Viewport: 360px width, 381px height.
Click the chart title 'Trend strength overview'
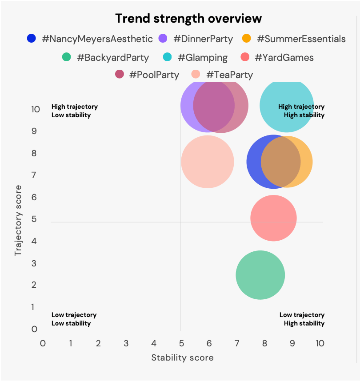pyautogui.click(x=188, y=19)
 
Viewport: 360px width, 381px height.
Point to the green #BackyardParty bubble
pyautogui.click(x=260, y=275)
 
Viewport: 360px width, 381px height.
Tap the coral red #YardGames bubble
pyautogui.click(x=273, y=218)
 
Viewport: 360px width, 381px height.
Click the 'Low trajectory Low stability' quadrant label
pyautogui.click(x=74, y=319)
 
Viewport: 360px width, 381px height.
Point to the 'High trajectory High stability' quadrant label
pyautogui.click(x=301, y=111)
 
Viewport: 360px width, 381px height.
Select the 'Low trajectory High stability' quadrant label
pyautogui.click(x=302, y=319)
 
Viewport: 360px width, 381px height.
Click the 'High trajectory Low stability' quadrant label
pyautogui.click(x=75, y=111)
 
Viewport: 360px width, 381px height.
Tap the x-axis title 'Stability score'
pyautogui.click(x=182, y=357)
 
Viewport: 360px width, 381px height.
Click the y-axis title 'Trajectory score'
pyautogui.click(x=18, y=220)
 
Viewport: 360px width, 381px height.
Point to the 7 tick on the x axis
pyautogui.click(x=236, y=344)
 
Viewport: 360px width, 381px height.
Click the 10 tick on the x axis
pyautogui.click(x=320, y=344)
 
